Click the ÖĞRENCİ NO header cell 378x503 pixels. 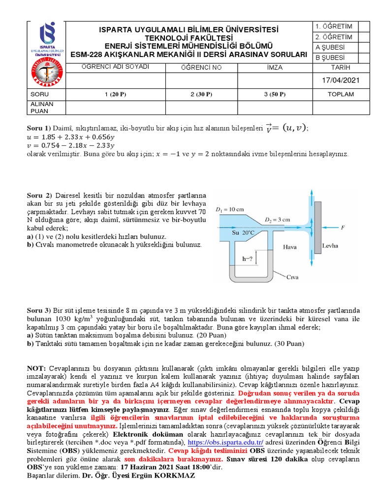coord(202,67)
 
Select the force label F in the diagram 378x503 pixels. coord(343,227)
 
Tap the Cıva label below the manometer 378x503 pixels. coord(293,277)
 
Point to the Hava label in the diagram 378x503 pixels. coord(290,248)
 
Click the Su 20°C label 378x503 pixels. coord(243,232)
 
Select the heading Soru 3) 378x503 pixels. coord(38,311)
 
